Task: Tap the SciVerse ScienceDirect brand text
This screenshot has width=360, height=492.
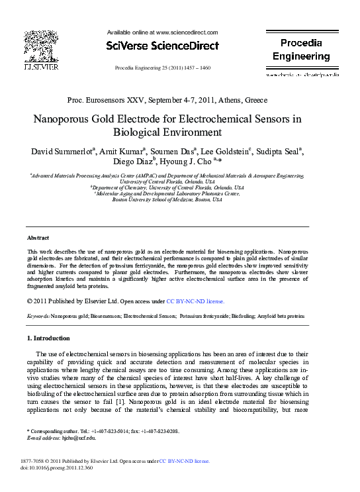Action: tap(162, 46)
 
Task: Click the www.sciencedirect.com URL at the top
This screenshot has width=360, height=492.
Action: tap(186, 32)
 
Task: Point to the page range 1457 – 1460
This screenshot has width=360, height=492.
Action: tap(196, 68)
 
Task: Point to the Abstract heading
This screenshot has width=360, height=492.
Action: tap(38, 237)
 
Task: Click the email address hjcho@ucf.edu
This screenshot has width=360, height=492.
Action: tap(78, 438)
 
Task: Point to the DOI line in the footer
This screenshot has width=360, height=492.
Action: tap(60, 467)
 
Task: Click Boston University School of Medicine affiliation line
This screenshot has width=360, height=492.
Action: tap(167, 199)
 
